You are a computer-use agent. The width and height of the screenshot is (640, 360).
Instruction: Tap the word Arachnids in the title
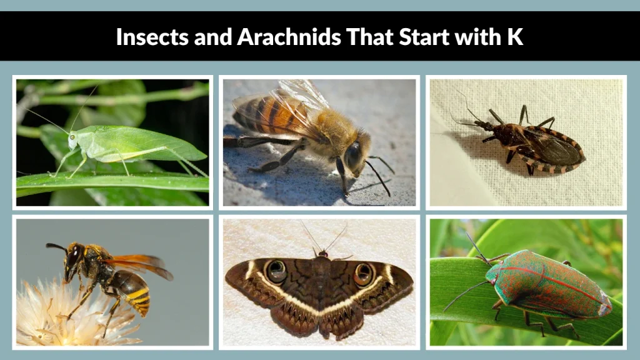point(289,37)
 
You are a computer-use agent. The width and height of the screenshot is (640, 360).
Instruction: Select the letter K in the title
point(514,37)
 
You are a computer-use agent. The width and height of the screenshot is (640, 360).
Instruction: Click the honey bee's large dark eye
point(354,155)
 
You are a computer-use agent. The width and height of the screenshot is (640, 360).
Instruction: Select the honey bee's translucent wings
point(300,100)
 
